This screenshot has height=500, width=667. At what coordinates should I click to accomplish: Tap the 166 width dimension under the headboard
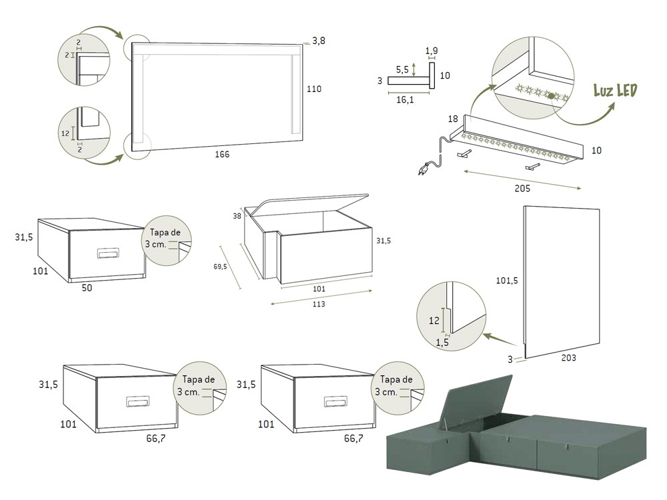(x=222, y=154)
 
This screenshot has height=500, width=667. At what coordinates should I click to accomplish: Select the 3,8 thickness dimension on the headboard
(x=319, y=41)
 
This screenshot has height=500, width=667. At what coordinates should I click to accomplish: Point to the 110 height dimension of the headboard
(x=313, y=89)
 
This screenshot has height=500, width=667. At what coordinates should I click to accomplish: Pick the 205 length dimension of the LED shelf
(x=522, y=189)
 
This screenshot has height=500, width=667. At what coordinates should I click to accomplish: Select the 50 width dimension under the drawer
(x=87, y=288)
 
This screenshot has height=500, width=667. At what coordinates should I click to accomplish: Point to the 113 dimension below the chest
(x=318, y=304)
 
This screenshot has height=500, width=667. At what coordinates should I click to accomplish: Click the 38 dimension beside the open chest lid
(x=237, y=216)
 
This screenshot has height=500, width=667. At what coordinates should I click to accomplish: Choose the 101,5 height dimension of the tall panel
(x=507, y=281)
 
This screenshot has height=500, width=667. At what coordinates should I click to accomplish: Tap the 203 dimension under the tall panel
(x=569, y=358)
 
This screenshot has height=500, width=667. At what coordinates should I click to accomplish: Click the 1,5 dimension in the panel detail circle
(x=442, y=342)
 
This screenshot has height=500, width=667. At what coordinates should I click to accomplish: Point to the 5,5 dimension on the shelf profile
(x=402, y=69)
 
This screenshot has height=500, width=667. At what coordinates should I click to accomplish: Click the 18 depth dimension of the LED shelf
(x=453, y=119)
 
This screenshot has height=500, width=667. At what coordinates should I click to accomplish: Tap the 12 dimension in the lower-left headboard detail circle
(x=65, y=133)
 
